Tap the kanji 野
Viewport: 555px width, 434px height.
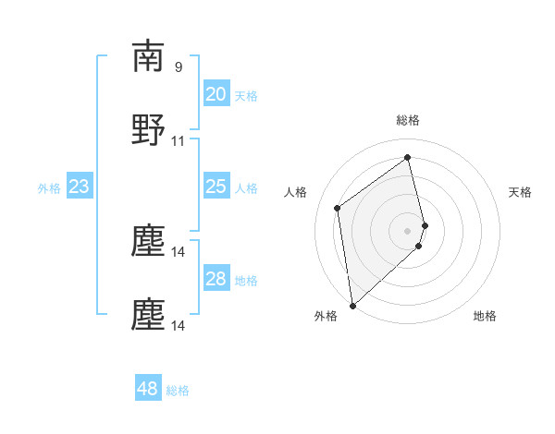[148, 131]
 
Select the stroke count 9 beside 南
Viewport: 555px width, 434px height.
[179, 66]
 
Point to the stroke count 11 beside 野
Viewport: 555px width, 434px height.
[179, 141]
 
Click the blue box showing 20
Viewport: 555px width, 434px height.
[216, 93]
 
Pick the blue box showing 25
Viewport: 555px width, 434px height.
[216, 187]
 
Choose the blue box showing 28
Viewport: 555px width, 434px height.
[216, 279]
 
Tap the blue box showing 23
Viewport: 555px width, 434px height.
[80, 187]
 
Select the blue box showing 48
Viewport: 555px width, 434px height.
[148, 389]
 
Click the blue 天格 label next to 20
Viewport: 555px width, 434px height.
[246, 95]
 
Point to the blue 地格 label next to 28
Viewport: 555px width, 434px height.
[246, 281]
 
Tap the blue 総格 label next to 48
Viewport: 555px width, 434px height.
[178, 391]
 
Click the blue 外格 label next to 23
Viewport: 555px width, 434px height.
[49, 188]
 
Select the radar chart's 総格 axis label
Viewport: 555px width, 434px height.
[408, 120]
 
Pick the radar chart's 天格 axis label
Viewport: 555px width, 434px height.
[521, 192]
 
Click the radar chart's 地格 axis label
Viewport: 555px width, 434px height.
[485, 316]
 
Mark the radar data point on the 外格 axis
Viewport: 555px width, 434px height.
[351, 306]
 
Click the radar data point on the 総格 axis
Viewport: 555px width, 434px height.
[408, 157]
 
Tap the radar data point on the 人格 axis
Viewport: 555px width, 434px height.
[338, 208]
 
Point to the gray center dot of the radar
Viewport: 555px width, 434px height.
[408, 230]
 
